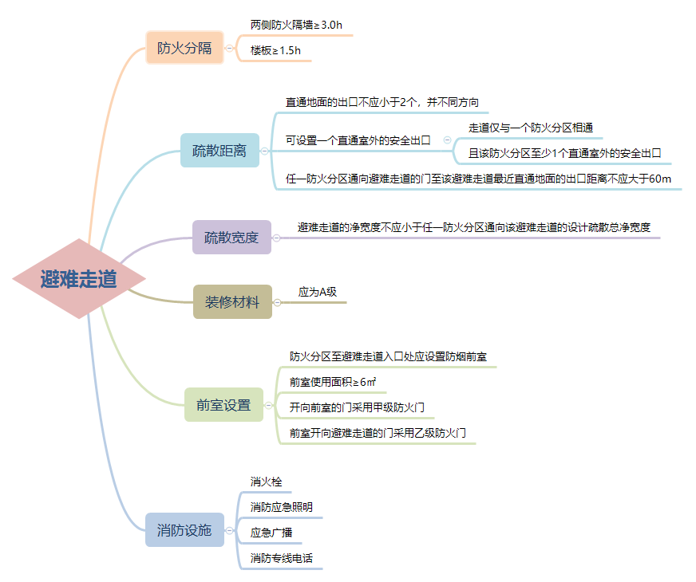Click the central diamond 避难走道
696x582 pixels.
coord(79,279)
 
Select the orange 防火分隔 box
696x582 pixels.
coord(184,48)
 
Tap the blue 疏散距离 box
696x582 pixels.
coord(219,150)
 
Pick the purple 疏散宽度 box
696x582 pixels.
coord(231,237)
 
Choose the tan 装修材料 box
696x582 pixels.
coord(232,302)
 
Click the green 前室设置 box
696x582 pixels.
coord(223,404)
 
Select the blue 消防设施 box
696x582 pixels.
coord(184,529)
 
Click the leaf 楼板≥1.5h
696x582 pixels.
coord(275,50)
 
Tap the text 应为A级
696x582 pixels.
coord(318,293)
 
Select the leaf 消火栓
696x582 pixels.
coord(266,482)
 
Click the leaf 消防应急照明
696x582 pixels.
coord(282,507)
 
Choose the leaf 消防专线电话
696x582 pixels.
coord(282,558)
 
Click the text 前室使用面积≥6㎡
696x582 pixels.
coord(333,382)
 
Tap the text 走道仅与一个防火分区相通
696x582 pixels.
coord(530,128)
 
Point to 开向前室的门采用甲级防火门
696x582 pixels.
coord(362,407)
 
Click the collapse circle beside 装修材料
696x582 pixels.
coord(277,302)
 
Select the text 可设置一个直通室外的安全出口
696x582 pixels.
coord(358,140)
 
